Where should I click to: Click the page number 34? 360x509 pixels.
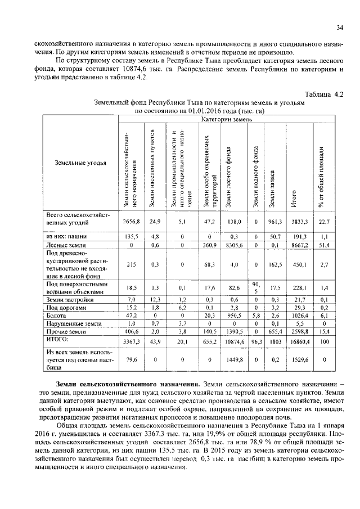point(340,27)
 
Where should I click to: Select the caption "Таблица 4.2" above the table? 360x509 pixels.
point(323,94)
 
